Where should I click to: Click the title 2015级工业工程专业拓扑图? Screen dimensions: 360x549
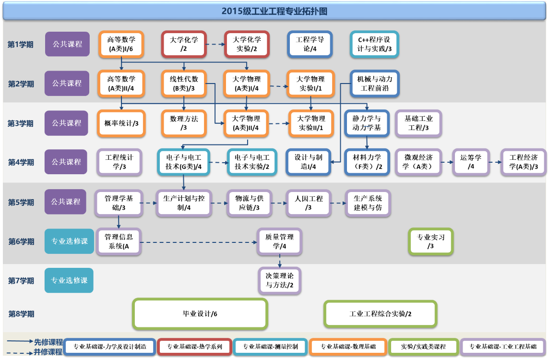point(274,11)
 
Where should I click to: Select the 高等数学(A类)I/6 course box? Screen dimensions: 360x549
point(121,44)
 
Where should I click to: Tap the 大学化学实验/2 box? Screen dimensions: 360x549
point(247,44)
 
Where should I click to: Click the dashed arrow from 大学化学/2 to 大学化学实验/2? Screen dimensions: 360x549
point(215,45)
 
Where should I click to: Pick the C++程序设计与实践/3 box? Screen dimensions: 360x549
point(374,44)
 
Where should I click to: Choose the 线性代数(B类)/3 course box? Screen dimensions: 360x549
point(184,84)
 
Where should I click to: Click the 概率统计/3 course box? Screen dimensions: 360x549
point(121,123)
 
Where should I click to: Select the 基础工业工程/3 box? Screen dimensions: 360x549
point(418,123)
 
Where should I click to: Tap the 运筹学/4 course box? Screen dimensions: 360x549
point(471,162)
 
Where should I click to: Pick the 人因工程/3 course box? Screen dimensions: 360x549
point(309,203)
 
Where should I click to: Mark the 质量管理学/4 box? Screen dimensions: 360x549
point(279,241)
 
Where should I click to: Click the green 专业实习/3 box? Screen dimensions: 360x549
point(430,241)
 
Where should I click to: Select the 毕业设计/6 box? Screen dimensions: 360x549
point(200,314)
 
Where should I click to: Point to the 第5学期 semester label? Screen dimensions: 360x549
point(21,203)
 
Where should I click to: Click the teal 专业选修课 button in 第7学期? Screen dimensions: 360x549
point(69,280)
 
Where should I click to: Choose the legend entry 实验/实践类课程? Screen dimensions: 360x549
point(423,347)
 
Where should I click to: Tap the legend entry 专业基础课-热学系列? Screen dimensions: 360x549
point(194,347)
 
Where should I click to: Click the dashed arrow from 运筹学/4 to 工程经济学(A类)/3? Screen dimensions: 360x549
point(494,162)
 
